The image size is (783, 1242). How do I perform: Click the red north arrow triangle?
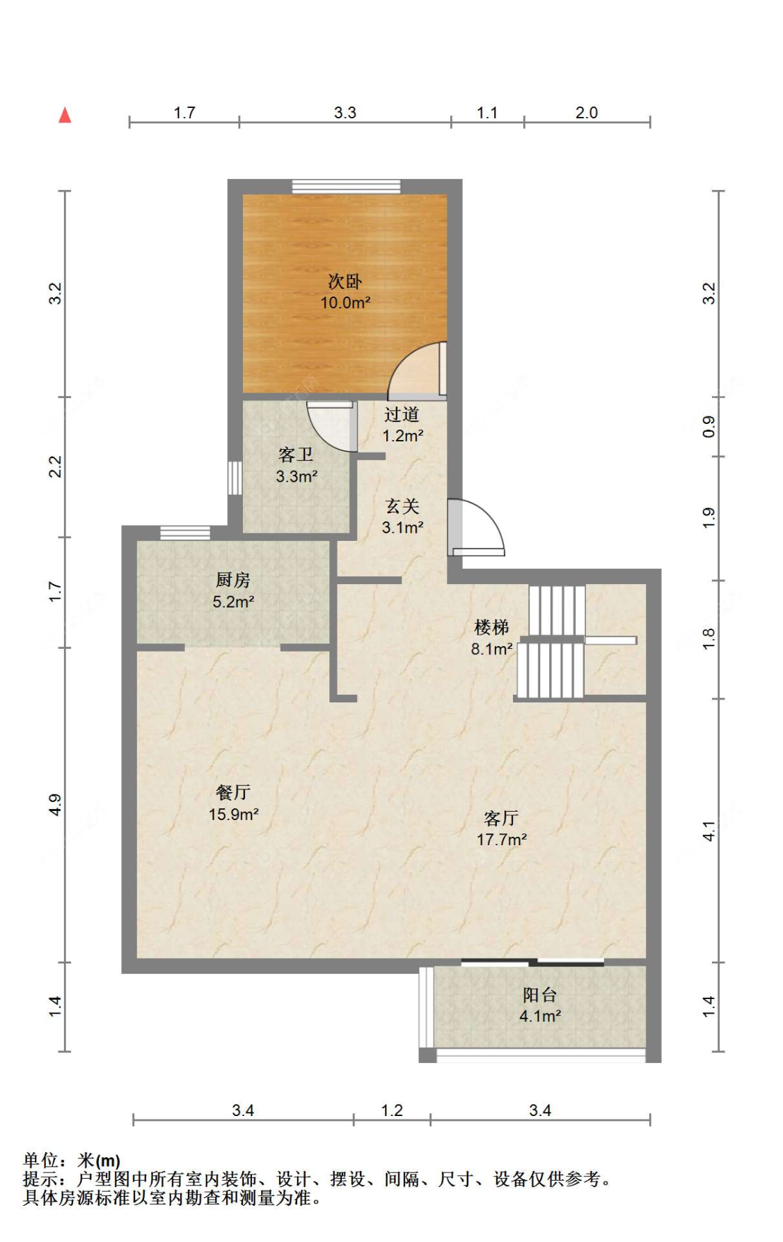[x=65, y=115]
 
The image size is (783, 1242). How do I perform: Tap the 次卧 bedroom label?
[x=345, y=282]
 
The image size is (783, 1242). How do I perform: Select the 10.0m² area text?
[x=345, y=303]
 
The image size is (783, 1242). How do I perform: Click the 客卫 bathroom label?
[x=296, y=455]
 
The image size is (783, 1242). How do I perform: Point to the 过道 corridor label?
[x=402, y=414]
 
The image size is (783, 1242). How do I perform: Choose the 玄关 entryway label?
[x=402, y=506]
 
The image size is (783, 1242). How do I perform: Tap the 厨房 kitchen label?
[x=232, y=580]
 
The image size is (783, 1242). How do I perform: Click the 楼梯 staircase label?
[x=491, y=627]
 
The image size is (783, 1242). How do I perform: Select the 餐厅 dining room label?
[x=233, y=792]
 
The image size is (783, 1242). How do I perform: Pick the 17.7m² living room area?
[x=502, y=840]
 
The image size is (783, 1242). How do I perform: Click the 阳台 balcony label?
[x=540, y=995]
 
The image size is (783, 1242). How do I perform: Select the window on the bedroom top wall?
[x=346, y=186]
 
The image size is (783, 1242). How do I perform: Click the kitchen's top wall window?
[x=185, y=533]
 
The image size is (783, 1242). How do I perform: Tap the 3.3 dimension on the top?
[x=345, y=113]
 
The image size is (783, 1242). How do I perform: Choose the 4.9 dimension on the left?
[x=55, y=805]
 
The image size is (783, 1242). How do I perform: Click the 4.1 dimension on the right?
[x=709, y=831]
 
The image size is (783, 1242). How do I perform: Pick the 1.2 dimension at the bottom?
[x=392, y=1110]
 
